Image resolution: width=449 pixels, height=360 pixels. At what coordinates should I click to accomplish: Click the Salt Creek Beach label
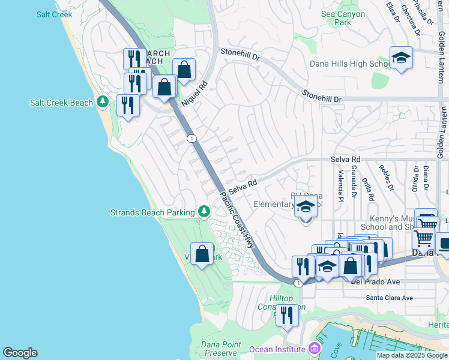(x=61, y=103)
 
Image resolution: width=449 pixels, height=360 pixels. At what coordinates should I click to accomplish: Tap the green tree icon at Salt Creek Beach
(x=103, y=103)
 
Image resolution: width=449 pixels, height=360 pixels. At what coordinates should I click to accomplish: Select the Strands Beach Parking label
(x=152, y=212)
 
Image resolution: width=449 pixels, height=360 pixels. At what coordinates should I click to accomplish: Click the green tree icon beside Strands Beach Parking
(x=204, y=212)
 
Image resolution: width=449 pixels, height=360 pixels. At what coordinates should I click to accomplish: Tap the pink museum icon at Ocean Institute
(x=314, y=349)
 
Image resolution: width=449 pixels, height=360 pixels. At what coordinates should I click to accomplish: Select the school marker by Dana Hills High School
(x=401, y=58)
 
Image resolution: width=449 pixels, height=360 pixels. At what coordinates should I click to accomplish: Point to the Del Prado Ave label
(x=333, y=282)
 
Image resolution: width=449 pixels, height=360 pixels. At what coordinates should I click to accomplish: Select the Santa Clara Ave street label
(x=390, y=298)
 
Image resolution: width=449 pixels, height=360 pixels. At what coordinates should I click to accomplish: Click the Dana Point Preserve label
(x=221, y=349)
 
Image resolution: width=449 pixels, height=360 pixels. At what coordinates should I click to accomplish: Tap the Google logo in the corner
(x=20, y=353)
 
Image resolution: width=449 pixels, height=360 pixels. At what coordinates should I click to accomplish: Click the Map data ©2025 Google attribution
(x=412, y=355)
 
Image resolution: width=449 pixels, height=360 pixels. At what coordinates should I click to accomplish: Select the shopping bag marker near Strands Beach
(x=202, y=254)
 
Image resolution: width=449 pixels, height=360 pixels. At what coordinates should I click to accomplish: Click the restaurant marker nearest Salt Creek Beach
(x=128, y=106)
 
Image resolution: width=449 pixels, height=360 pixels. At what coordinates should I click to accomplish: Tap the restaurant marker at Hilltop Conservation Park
(x=287, y=315)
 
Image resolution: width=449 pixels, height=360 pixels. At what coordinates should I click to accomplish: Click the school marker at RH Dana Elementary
(x=306, y=208)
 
